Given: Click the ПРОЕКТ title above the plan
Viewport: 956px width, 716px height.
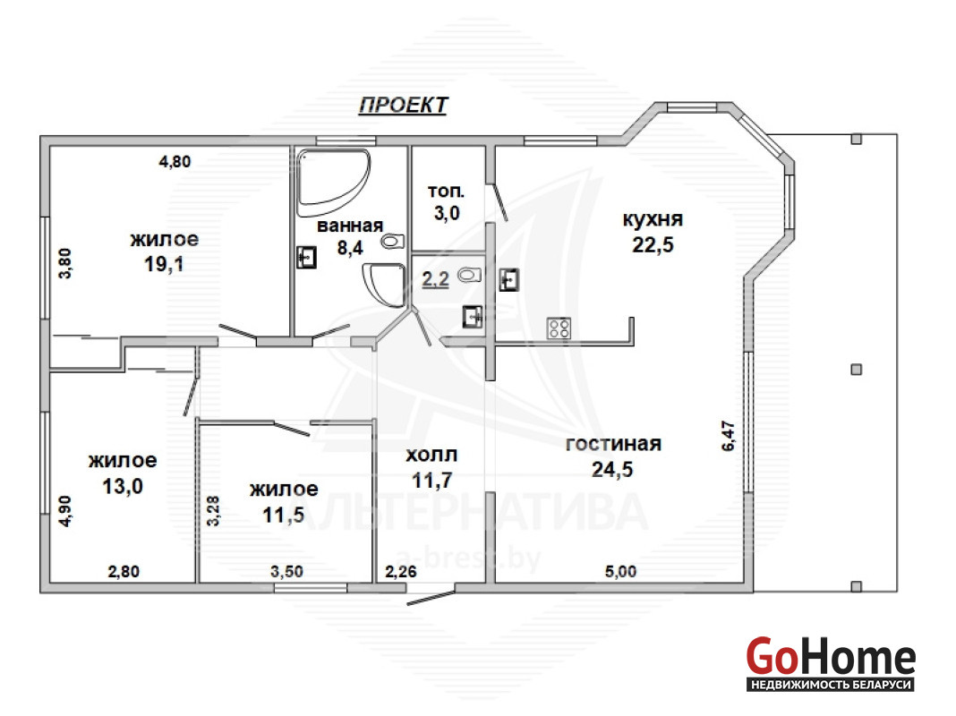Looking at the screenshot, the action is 404,105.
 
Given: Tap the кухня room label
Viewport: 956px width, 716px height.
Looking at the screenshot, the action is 653,219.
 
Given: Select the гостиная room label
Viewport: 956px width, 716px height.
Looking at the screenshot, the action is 613,444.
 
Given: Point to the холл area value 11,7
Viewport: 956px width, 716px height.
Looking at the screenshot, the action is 431,481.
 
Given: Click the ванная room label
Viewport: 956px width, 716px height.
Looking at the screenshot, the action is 350,226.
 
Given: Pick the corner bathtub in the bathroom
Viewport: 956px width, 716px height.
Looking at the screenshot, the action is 333,182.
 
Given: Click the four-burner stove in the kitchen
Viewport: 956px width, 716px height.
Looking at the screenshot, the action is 559,328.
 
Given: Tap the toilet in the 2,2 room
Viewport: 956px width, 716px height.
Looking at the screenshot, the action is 469,275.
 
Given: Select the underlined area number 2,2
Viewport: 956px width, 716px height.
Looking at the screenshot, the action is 435,279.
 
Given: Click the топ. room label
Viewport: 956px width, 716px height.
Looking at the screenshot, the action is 447,192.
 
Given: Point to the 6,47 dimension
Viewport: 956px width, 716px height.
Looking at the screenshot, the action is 729,436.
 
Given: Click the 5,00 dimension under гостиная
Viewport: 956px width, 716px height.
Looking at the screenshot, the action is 620,572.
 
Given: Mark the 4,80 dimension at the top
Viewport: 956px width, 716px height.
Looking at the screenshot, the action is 175,161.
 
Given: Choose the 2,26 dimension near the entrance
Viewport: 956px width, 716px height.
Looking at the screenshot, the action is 400,572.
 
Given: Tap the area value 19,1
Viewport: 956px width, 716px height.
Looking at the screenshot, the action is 165,264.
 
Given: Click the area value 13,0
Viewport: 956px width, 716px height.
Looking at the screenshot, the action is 123,486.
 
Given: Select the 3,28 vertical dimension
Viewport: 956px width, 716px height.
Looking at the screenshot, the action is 213,511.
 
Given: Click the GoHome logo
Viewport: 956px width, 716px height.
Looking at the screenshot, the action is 831,663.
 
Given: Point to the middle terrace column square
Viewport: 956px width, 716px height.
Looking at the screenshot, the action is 857,370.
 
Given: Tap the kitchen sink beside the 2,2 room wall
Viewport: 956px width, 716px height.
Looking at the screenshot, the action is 509,280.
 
